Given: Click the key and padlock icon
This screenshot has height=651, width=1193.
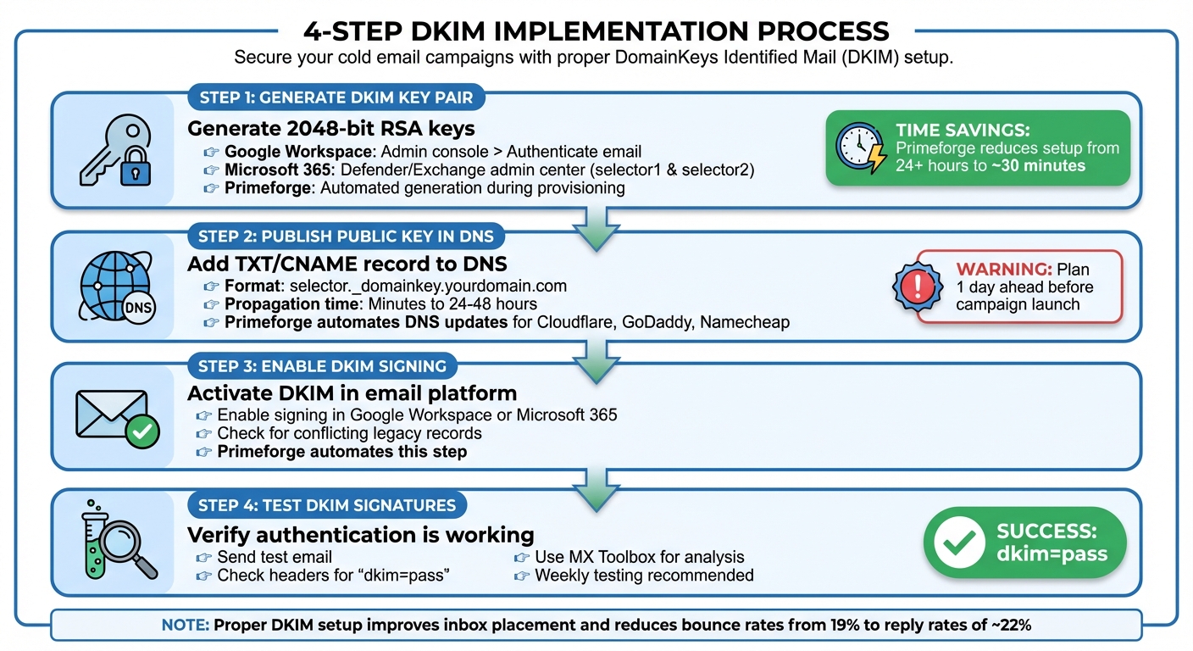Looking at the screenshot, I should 114,151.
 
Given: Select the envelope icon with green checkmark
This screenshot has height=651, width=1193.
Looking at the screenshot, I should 115,416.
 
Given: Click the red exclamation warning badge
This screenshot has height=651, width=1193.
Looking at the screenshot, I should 918,287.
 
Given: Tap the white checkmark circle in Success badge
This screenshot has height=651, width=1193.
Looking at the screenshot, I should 959,542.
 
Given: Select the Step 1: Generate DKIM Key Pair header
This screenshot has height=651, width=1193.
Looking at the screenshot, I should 336,97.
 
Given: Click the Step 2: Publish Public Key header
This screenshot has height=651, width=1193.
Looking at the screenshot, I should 346,236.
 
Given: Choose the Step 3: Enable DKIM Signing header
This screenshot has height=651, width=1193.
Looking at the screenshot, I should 322,366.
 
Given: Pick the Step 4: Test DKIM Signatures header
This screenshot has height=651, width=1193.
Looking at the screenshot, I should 327,505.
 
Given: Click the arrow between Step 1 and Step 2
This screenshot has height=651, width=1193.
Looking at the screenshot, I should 596,226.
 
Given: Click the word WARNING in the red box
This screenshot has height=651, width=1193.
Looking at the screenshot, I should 1004,270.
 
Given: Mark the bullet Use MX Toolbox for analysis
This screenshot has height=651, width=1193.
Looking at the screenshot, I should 639,557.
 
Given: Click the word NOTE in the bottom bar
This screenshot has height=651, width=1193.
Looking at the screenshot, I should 185,626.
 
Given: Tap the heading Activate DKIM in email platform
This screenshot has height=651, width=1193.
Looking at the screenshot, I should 352,393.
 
